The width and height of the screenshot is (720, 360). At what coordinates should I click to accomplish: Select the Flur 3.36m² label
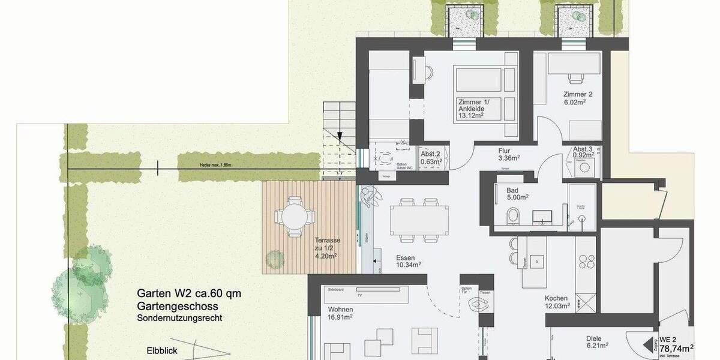pos(508,155)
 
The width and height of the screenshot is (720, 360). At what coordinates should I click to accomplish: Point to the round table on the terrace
pos(293,214)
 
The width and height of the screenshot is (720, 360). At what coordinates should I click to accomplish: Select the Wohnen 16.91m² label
pos(340,313)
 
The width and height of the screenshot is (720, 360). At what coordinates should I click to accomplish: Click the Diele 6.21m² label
pos(597,341)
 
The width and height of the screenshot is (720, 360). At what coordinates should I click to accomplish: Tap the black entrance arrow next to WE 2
pos(647,346)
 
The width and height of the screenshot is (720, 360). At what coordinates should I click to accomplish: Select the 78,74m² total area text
pos(676,347)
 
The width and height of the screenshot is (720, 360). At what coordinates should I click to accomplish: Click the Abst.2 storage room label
pos(431,158)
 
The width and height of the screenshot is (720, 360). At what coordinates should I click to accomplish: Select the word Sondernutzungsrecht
pos(179,318)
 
